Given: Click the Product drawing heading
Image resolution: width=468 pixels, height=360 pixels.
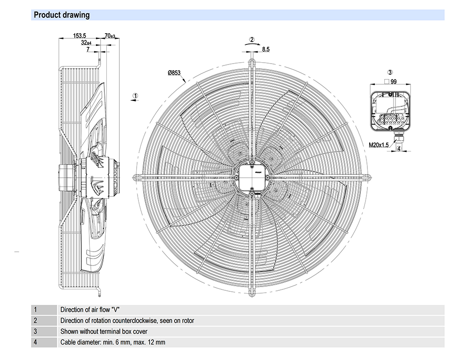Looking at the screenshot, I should pos(61,15).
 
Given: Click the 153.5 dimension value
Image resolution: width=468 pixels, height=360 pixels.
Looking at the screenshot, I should pos(80,36).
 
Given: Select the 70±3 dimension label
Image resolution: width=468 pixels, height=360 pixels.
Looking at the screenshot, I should pos(110,36).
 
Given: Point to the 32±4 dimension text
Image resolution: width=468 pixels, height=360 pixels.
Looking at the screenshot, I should pos(86,43).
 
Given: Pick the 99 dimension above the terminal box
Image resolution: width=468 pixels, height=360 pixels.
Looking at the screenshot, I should pos(394,82).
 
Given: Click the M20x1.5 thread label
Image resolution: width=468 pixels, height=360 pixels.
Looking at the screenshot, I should pos(379,145).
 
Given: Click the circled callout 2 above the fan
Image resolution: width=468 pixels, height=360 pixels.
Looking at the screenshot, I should pos(252,40).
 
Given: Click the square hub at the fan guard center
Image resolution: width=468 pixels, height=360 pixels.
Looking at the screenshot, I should pos(252,177).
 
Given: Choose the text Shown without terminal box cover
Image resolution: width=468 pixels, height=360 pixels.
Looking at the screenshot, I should pos(104,331).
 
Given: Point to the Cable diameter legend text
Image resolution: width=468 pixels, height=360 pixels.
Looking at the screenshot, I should pos(113,342).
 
